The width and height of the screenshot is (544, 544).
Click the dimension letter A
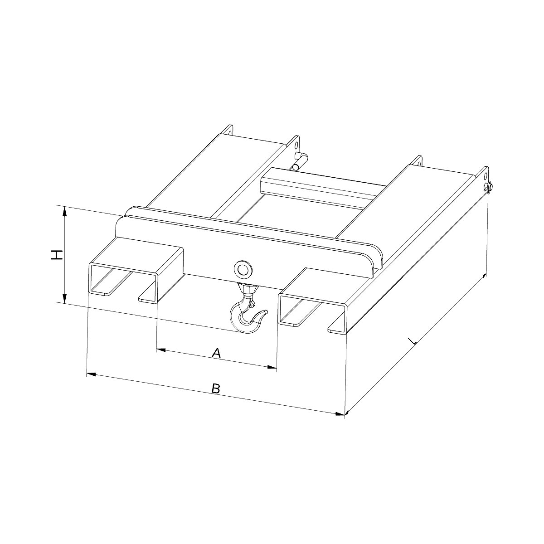(217, 353)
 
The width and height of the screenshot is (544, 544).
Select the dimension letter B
(216, 388)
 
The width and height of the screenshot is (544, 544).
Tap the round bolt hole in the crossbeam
(243, 269)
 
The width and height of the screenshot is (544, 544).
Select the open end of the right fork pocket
(313, 313)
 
